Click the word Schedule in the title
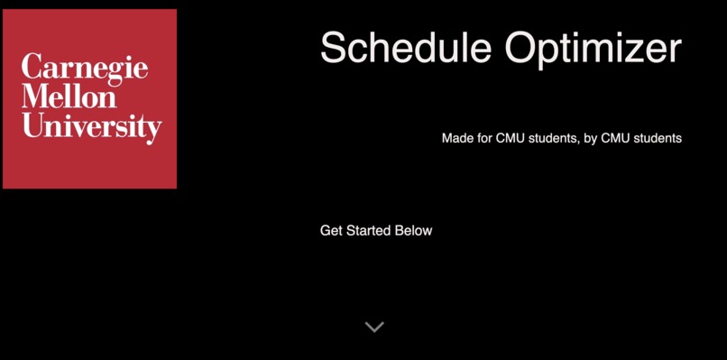point(405,48)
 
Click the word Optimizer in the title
point(593,48)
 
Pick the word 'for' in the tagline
point(484,139)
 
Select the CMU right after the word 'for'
point(511,139)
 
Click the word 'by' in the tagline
point(591,139)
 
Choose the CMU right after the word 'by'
point(616,139)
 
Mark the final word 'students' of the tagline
point(658,139)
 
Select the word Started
point(370,231)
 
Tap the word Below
point(415,231)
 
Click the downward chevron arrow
point(374,327)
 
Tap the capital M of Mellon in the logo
point(33,97)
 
